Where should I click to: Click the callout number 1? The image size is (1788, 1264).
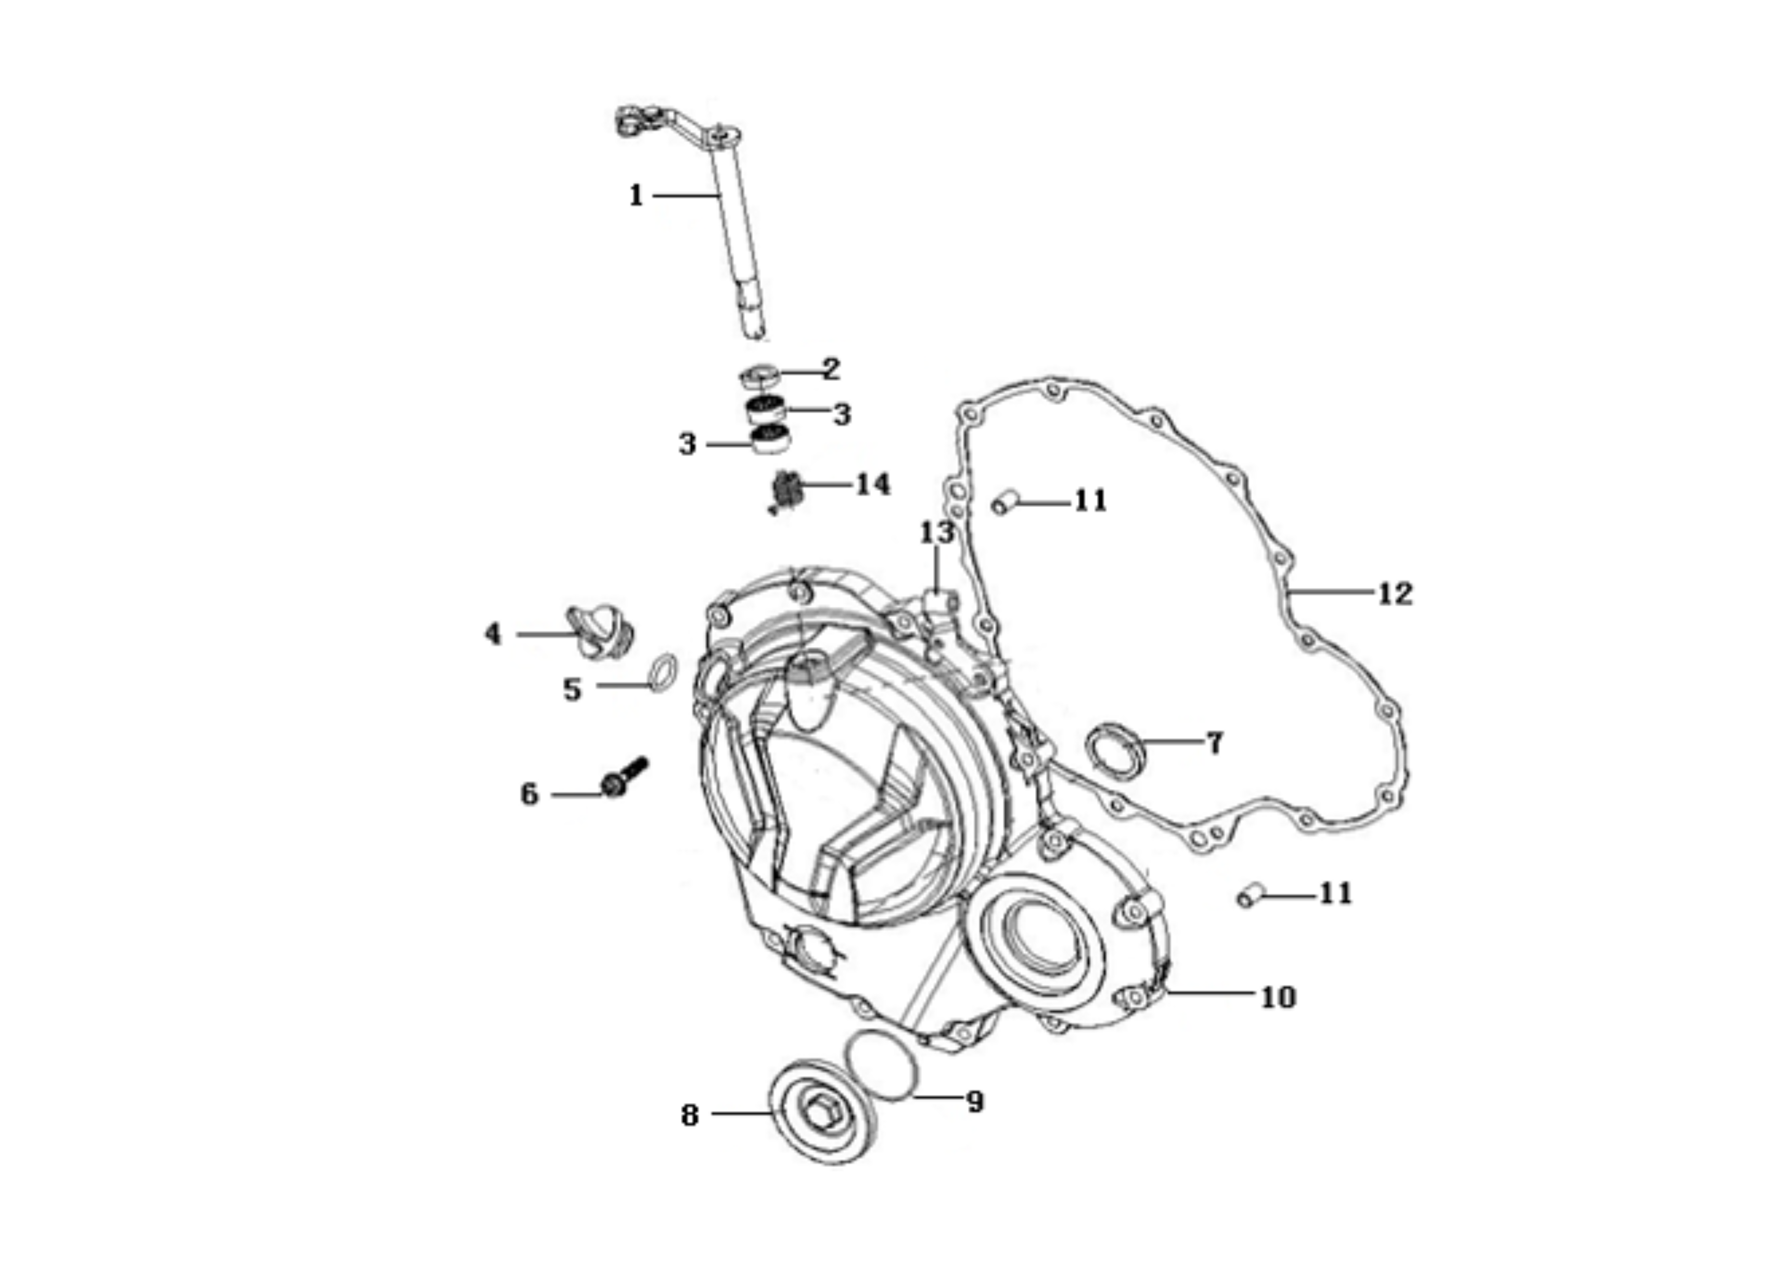[x=636, y=195]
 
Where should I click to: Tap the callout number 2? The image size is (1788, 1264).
[x=832, y=369]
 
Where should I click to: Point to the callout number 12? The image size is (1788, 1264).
[x=1395, y=594]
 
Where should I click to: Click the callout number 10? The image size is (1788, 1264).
[x=1278, y=997]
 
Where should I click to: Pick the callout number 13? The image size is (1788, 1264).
[x=937, y=533]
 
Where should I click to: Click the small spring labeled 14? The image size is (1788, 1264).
[x=786, y=492]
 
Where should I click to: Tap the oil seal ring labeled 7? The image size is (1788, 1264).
[x=1116, y=749]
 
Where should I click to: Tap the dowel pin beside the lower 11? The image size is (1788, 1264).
[x=1251, y=896]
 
